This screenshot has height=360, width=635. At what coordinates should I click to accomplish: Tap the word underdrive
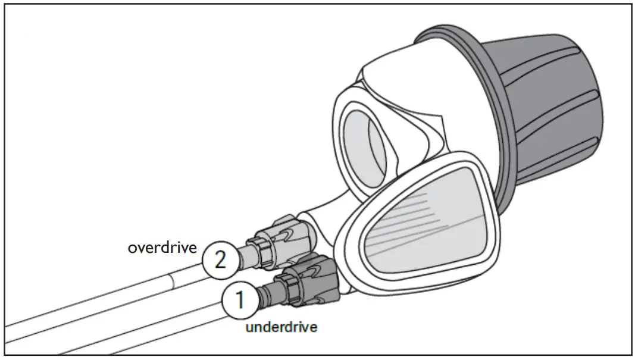(x=281, y=327)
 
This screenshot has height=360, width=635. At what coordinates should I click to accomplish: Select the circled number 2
(x=220, y=261)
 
